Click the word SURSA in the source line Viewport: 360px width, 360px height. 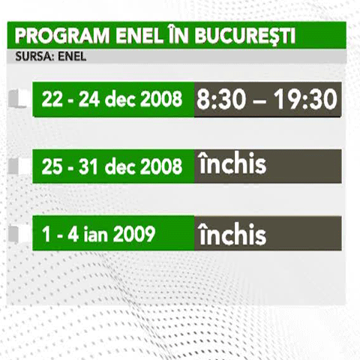31,55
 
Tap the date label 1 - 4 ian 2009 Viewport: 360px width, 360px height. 98,233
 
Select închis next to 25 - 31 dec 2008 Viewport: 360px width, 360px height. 232,164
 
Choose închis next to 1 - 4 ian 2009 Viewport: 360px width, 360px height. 232,234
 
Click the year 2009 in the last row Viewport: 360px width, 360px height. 135,233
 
